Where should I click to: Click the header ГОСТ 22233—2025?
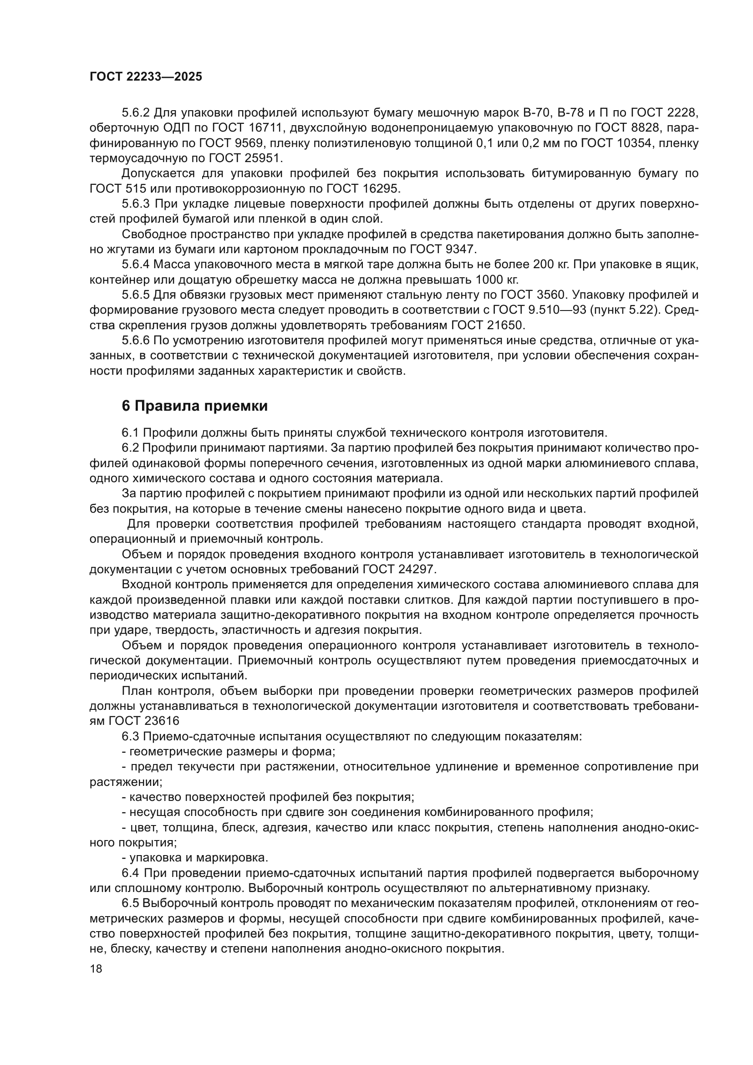pyautogui.click(x=146, y=77)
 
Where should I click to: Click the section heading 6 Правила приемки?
pyautogui.click(x=195, y=406)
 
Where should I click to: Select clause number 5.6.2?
pyautogui.click(x=136, y=113)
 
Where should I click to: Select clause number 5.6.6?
pyautogui.click(x=136, y=341)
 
